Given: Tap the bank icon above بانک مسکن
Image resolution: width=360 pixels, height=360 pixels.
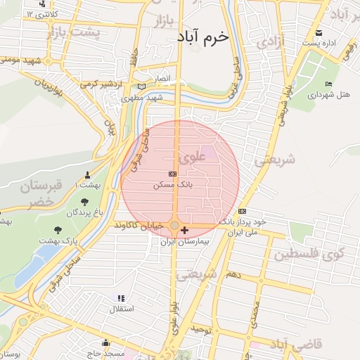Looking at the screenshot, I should click(x=173, y=173).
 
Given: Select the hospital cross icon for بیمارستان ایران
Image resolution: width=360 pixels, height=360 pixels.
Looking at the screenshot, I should click(x=184, y=230).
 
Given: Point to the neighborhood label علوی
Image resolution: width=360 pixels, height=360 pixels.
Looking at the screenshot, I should click(x=193, y=159).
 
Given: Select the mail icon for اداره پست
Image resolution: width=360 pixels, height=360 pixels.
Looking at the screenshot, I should click(x=319, y=32).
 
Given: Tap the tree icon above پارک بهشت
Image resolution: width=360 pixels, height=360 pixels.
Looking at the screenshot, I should click(x=58, y=229).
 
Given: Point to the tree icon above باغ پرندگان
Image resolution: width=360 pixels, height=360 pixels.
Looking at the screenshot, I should click(x=85, y=202).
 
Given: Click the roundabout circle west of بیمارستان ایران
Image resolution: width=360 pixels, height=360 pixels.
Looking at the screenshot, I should click(x=174, y=226).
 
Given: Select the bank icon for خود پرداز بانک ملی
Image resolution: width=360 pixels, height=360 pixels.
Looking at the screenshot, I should click(x=243, y=211).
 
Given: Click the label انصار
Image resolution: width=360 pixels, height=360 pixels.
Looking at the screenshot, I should click(x=162, y=77).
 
